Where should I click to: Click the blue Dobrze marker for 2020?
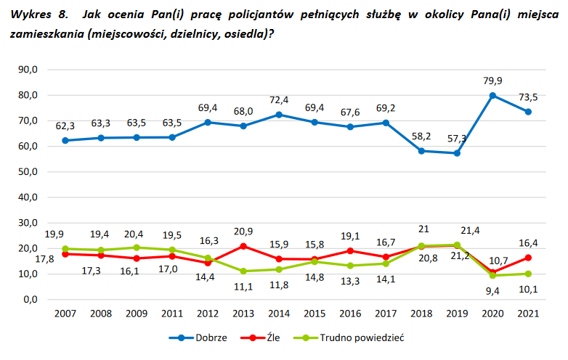[x=492, y=95]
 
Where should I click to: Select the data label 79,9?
[x=492, y=80]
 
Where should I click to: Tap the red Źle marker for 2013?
[x=244, y=246]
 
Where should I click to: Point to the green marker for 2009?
[x=137, y=247]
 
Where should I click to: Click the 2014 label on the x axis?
[x=280, y=313]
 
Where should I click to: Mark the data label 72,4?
[x=280, y=99]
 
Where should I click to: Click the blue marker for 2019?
[x=457, y=153]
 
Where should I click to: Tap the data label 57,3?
[x=457, y=138]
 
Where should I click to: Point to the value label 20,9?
[x=244, y=231]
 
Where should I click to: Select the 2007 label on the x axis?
[x=66, y=313]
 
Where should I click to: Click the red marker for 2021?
[x=528, y=258]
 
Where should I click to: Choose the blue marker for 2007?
[x=66, y=140]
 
